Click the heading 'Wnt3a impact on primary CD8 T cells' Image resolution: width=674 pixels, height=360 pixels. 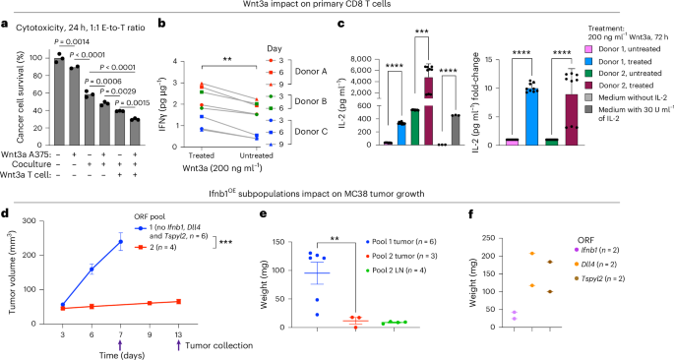click(337, 8)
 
